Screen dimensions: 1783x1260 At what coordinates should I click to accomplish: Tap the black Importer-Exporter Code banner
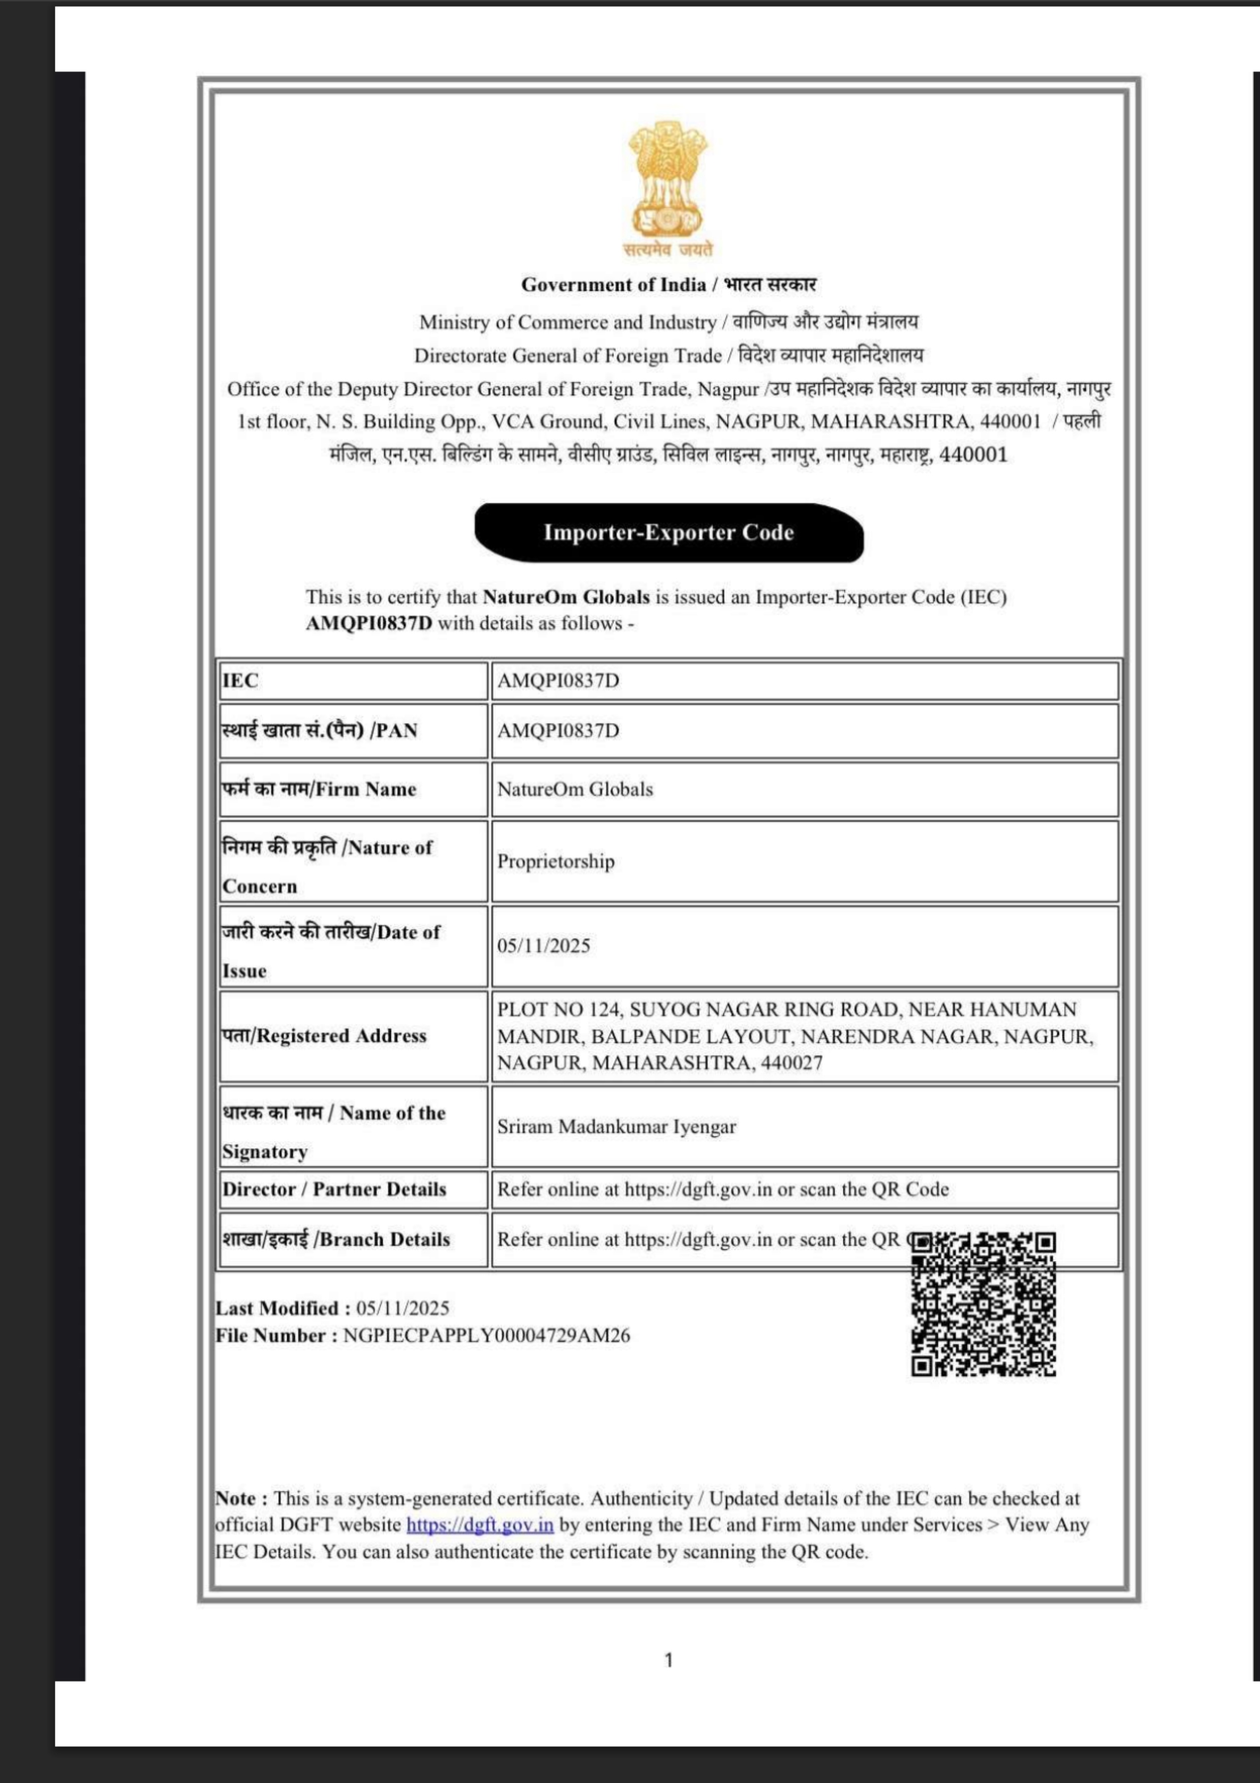tap(669, 533)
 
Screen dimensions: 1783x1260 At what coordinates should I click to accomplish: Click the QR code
tap(983, 1305)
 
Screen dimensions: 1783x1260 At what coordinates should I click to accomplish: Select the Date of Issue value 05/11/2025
tap(544, 946)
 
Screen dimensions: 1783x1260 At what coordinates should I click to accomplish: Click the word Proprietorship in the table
tap(556, 861)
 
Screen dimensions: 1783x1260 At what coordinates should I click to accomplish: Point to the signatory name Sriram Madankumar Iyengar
tap(616, 1127)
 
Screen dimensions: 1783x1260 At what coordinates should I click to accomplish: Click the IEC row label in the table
tap(241, 681)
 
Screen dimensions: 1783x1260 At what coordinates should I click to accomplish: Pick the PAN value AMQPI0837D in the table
tap(558, 731)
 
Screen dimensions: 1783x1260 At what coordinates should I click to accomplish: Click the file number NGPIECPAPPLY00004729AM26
tap(487, 1336)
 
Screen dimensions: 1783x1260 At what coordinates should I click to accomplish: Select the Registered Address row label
tap(325, 1036)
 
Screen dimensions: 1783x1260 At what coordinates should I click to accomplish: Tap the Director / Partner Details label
tap(334, 1190)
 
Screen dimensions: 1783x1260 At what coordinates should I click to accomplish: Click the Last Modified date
tap(403, 1308)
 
